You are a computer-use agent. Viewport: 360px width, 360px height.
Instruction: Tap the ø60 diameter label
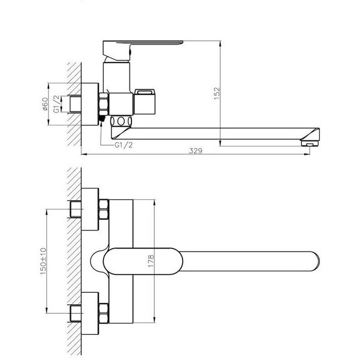pyautogui.click(x=45, y=103)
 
